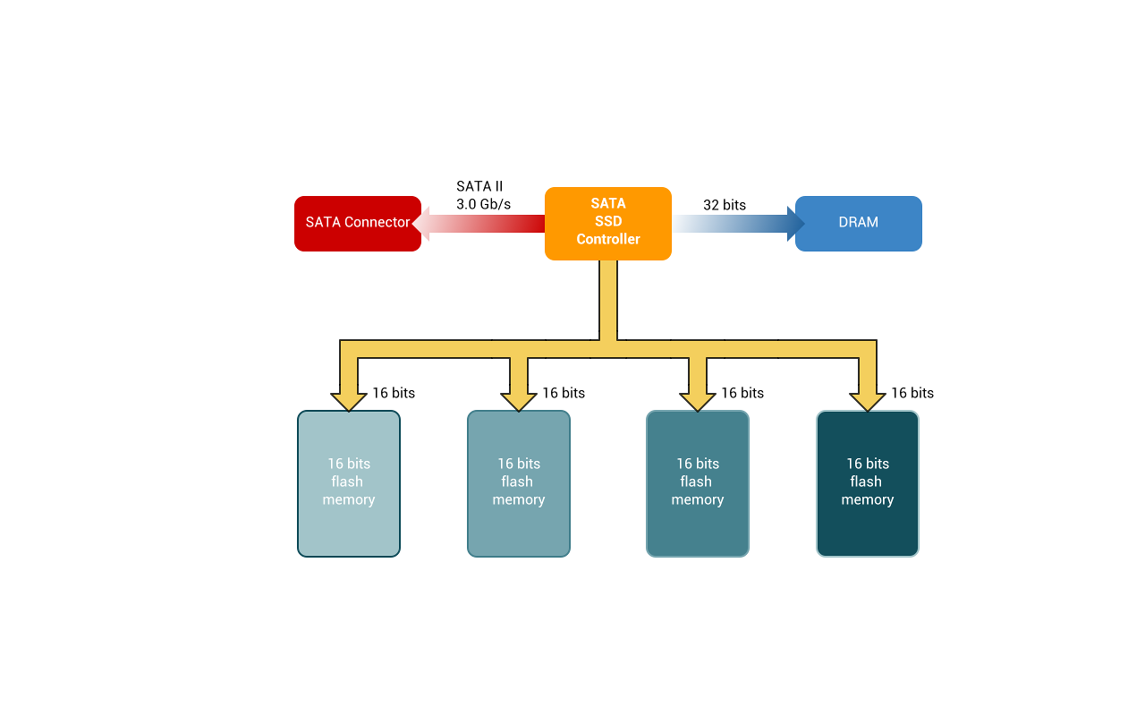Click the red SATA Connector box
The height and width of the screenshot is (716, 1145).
click(358, 224)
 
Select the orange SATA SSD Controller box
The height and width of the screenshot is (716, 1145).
click(608, 224)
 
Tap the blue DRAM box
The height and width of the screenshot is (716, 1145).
click(859, 224)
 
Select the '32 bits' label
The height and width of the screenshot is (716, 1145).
click(725, 205)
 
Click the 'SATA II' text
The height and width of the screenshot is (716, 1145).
click(479, 186)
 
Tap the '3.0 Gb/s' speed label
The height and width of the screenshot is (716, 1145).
click(483, 204)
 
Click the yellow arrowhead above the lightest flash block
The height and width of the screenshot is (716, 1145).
click(349, 400)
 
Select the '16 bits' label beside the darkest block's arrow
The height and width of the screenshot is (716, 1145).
click(912, 393)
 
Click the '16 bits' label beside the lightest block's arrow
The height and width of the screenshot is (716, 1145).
click(394, 393)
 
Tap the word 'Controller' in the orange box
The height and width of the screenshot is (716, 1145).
click(608, 239)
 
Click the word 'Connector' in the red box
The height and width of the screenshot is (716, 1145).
click(377, 222)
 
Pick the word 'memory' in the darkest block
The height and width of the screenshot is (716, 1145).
click(868, 499)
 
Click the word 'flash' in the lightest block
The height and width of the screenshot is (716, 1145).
click(348, 482)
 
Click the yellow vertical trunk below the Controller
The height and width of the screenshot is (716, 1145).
click(608, 300)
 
